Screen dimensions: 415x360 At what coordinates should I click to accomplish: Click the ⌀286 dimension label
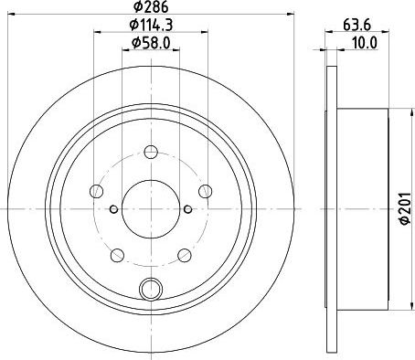(151, 6)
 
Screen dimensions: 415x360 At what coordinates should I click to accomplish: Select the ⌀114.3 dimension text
(151, 25)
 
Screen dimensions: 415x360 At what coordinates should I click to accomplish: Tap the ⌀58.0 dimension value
(151, 43)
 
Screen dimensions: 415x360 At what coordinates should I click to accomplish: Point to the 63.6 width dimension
(356, 25)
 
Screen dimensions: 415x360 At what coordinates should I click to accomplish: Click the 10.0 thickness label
(365, 43)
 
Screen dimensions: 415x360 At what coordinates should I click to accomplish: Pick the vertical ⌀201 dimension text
(406, 209)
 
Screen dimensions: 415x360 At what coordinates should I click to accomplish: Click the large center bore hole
(151, 209)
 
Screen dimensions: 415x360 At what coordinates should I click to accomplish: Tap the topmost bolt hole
(151, 152)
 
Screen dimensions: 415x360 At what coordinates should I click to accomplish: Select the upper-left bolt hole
(97, 191)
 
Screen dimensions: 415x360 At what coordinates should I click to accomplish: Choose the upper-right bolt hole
(205, 191)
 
